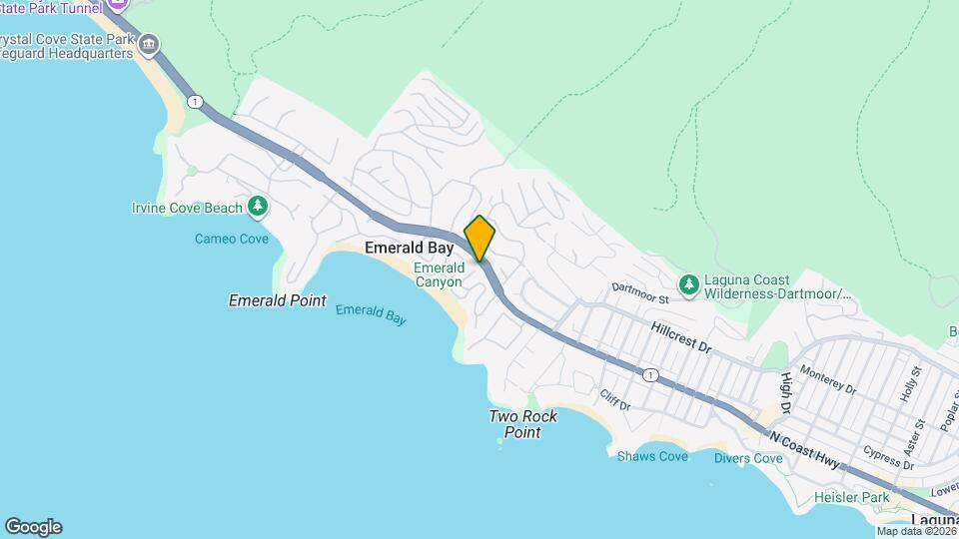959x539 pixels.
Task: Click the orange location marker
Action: click(479, 238)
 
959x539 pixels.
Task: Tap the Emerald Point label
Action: click(277, 299)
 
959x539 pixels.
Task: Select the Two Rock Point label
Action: click(522, 424)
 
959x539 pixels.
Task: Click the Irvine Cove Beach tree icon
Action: click(259, 207)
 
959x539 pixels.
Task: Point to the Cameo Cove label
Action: click(231, 239)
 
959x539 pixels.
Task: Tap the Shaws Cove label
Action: click(652, 456)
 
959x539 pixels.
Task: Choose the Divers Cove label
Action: click(748, 458)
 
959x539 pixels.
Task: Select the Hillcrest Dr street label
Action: click(679, 336)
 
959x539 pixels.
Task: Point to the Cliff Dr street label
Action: click(615, 401)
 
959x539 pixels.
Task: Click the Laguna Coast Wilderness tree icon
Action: click(688, 285)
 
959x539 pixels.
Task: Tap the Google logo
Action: click(33, 527)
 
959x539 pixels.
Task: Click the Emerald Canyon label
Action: click(439, 274)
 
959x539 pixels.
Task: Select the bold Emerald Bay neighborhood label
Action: click(410, 247)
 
